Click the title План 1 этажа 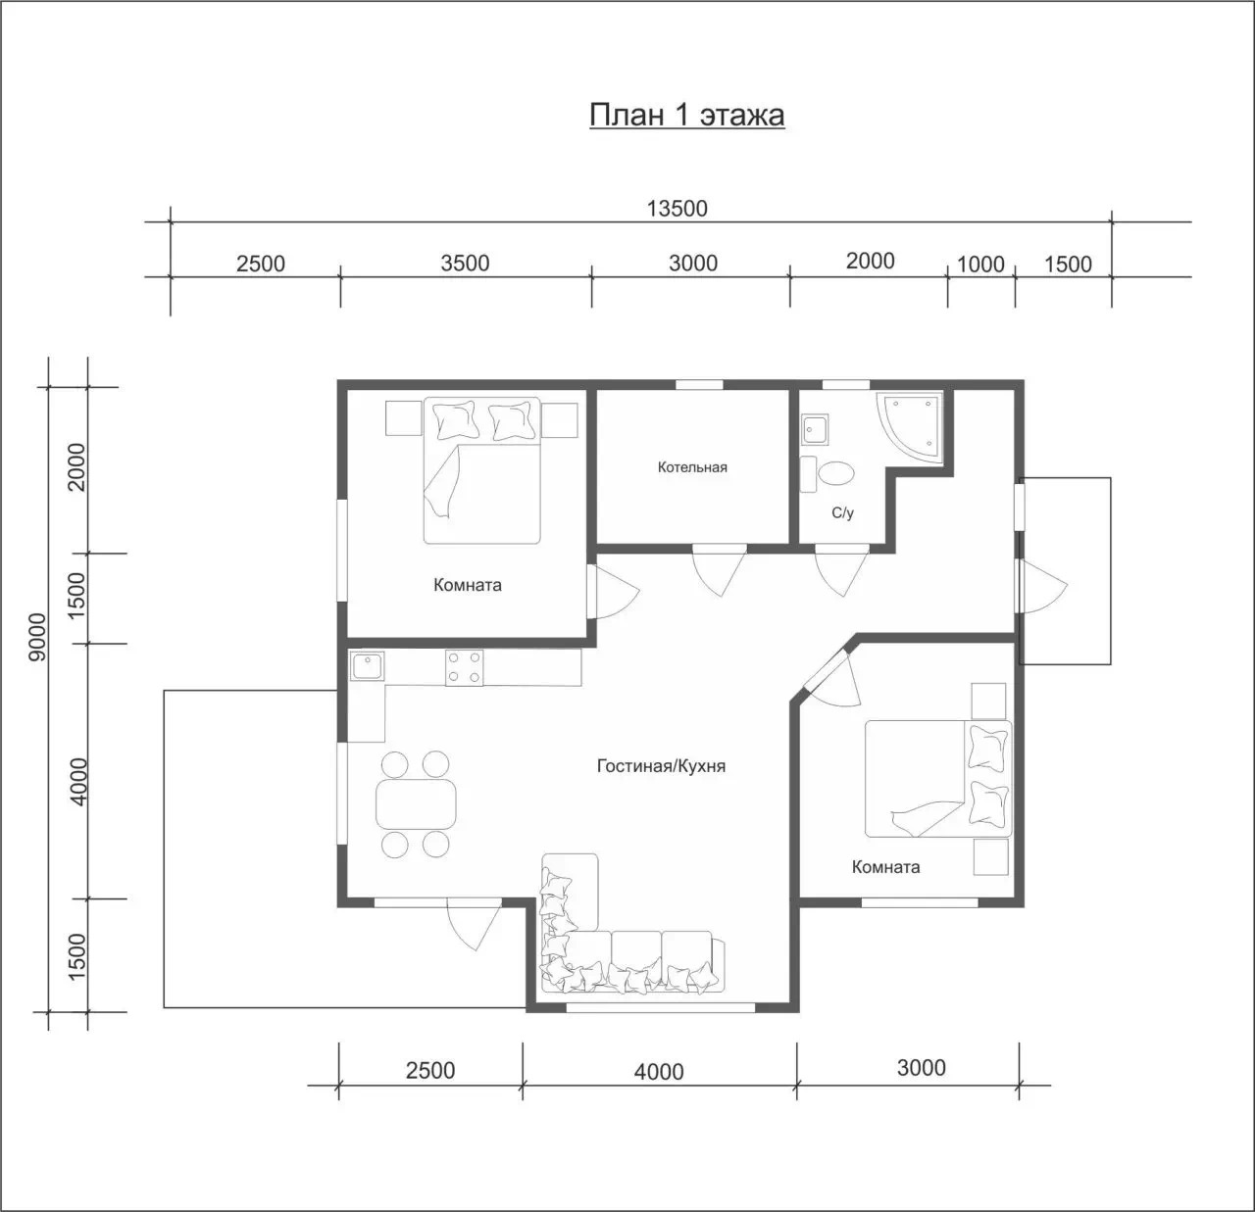687,116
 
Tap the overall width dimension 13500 678,209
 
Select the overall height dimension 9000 38,637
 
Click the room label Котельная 692,467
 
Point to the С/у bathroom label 843,512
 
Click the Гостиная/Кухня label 661,766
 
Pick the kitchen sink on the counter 367,666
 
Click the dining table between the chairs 416,804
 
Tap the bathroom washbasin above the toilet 815,430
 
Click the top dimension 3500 465,264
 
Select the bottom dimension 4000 659,1072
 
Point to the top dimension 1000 980,265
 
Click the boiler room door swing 720,569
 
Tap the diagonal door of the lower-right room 831,680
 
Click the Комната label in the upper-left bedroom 468,585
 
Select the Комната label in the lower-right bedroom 885,867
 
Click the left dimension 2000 76,467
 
